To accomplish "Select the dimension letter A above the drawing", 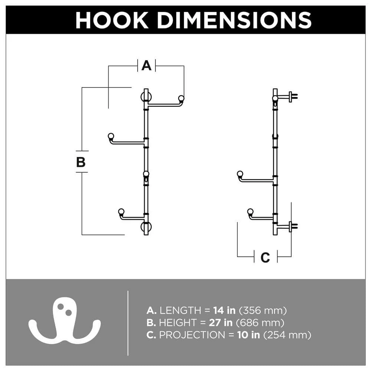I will (147, 66).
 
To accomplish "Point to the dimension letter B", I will (81, 162).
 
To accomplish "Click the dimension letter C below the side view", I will (265, 257).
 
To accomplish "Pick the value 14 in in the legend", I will (224, 311).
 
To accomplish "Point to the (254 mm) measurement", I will (287, 335).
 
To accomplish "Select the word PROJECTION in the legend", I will (191, 335).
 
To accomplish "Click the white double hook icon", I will (65, 322).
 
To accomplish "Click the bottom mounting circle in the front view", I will (146, 227).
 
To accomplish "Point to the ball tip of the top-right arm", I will (181, 98).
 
